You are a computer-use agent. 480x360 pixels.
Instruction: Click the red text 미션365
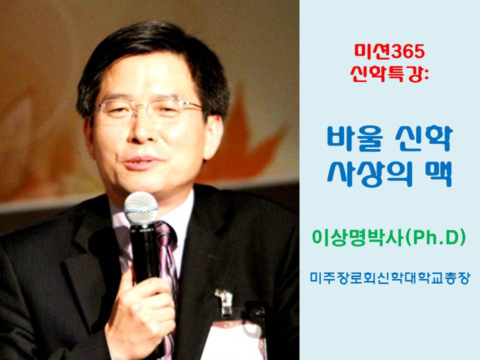pyautogui.click(x=389, y=51)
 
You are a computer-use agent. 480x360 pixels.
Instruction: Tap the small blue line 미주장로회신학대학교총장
pyautogui.click(x=389, y=278)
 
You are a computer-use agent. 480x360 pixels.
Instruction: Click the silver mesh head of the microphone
pyautogui.click(x=141, y=208)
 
